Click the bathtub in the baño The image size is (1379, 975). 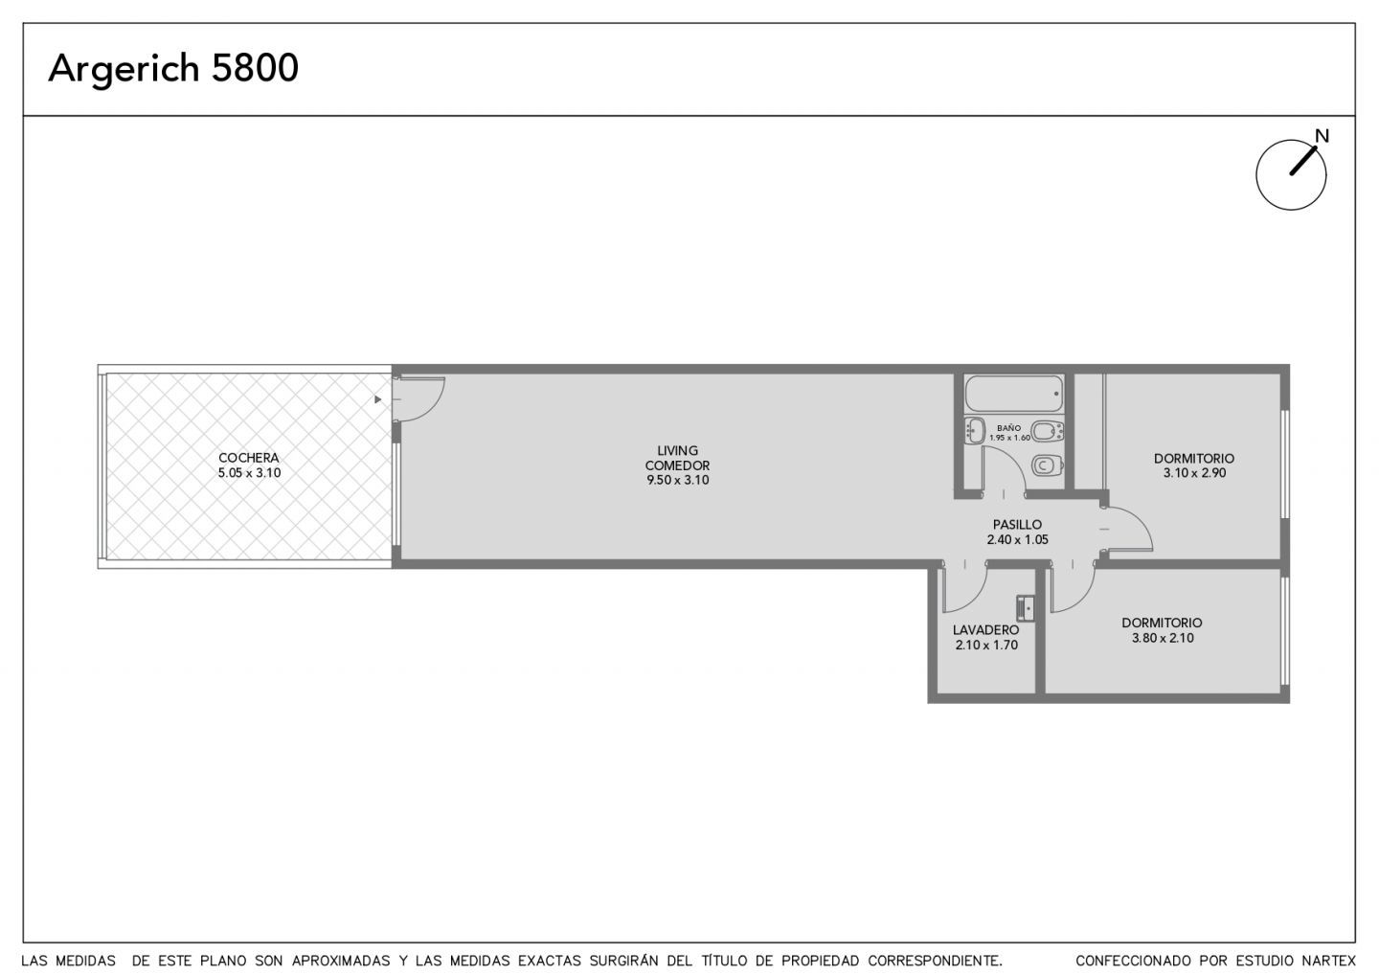pos(1014,394)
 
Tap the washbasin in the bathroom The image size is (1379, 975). pos(974,430)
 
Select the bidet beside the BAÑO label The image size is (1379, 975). pos(1048,431)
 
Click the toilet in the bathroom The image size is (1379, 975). pos(1048,465)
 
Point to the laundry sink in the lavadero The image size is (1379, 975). pos(1026,608)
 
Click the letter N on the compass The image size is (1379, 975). pos(1322,136)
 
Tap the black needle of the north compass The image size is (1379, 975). pos(1304,161)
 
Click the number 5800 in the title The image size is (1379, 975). pos(255,68)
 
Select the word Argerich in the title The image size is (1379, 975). pos(124,69)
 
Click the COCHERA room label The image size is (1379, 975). pos(249,458)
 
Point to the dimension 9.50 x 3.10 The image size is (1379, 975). pos(678,480)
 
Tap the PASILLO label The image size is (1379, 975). pos(1018,525)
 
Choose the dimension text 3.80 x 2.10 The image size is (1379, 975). pos(1163,638)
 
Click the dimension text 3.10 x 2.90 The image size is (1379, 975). pos(1194,473)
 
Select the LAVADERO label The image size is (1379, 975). pos(985,629)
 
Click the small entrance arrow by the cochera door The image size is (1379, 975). pos(378,399)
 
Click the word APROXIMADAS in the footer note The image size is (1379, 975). pos(341,961)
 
